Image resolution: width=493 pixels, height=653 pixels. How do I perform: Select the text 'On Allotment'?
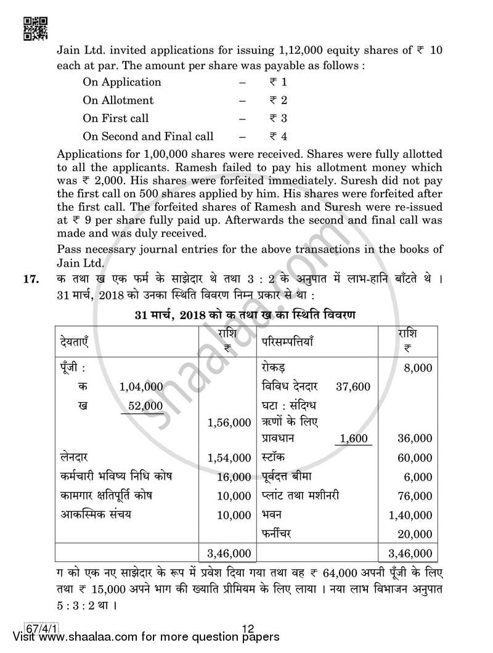tap(118, 100)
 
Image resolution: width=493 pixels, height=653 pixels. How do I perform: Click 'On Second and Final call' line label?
tap(148, 136)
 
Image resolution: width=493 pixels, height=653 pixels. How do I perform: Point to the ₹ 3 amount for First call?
tap(278, 118)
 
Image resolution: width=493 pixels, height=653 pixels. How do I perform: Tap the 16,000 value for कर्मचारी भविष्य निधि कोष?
tap(234, 477)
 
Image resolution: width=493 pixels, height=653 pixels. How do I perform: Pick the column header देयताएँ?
tap(78, 341)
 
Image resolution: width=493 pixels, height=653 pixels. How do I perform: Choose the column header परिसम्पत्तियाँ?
tap(288, 341)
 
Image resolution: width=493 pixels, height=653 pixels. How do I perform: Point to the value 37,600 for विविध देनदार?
tap(353, 386)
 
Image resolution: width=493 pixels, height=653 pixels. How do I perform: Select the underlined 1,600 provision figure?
tap(353, 439)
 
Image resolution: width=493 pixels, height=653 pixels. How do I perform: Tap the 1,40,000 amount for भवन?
tap(411, 514)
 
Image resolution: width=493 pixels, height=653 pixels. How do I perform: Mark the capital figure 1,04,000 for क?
tap(141, 386)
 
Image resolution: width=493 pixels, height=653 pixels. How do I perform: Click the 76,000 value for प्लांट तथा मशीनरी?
tap(414, 496)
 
